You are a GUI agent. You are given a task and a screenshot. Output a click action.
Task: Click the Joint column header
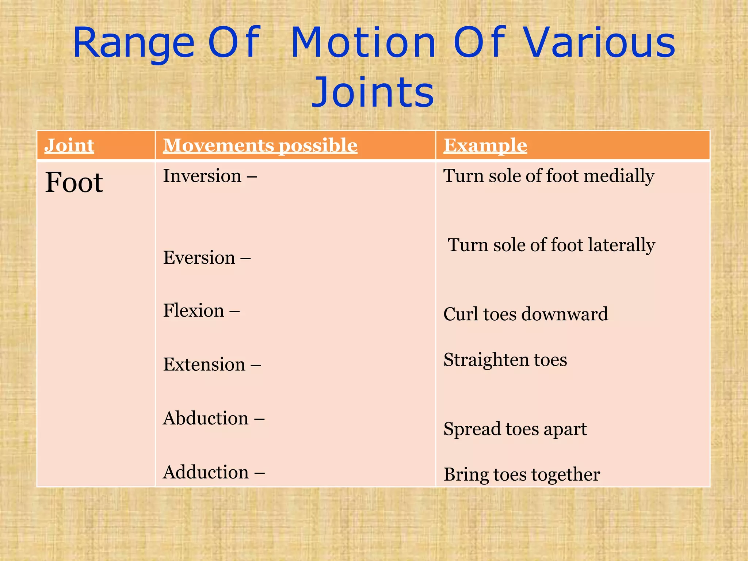pos(69,145)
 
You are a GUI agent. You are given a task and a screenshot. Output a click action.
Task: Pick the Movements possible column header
pos(260,145)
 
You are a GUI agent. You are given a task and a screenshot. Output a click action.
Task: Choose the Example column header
pos(485,145)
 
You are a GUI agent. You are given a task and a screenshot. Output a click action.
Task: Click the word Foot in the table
pos(74,182)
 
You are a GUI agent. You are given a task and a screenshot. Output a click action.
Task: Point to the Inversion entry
pos(202,176)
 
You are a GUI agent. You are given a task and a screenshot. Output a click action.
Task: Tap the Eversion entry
pos(199,258)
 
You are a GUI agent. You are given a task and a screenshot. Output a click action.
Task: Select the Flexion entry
pos(194,311)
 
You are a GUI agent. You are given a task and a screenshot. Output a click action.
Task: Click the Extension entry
pos(204,365)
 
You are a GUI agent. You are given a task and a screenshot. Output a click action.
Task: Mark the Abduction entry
pos(206,418)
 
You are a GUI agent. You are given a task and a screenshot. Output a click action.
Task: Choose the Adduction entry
pos(206,472)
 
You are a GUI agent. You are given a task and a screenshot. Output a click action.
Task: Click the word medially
pos(619,176)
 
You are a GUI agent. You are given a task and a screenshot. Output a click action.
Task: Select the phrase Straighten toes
pos(505,360)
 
